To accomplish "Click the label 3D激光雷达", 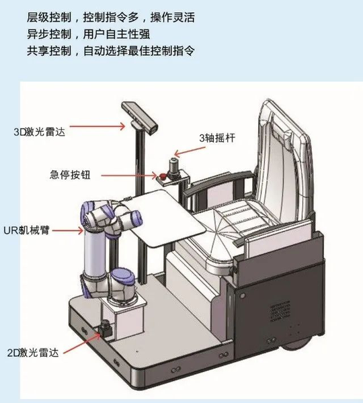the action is point(40,132).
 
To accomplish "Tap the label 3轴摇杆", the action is point(217,138).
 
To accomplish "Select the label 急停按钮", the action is point(70,175).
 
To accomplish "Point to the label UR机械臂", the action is point(26,230).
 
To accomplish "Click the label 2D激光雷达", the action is point(33,353).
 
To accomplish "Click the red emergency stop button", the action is point(163,176).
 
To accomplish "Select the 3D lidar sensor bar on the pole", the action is point(140,118).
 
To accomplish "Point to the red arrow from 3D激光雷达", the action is point(97,126).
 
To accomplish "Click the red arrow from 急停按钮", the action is point(129,176).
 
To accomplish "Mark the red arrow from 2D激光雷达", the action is point(82,343).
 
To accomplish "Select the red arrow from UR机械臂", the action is point(68,230).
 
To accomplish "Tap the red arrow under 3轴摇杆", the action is point(190,151).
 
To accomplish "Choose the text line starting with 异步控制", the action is point(89,34).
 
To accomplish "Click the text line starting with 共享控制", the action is point(111,50).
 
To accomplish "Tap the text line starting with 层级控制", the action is point(111,17).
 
